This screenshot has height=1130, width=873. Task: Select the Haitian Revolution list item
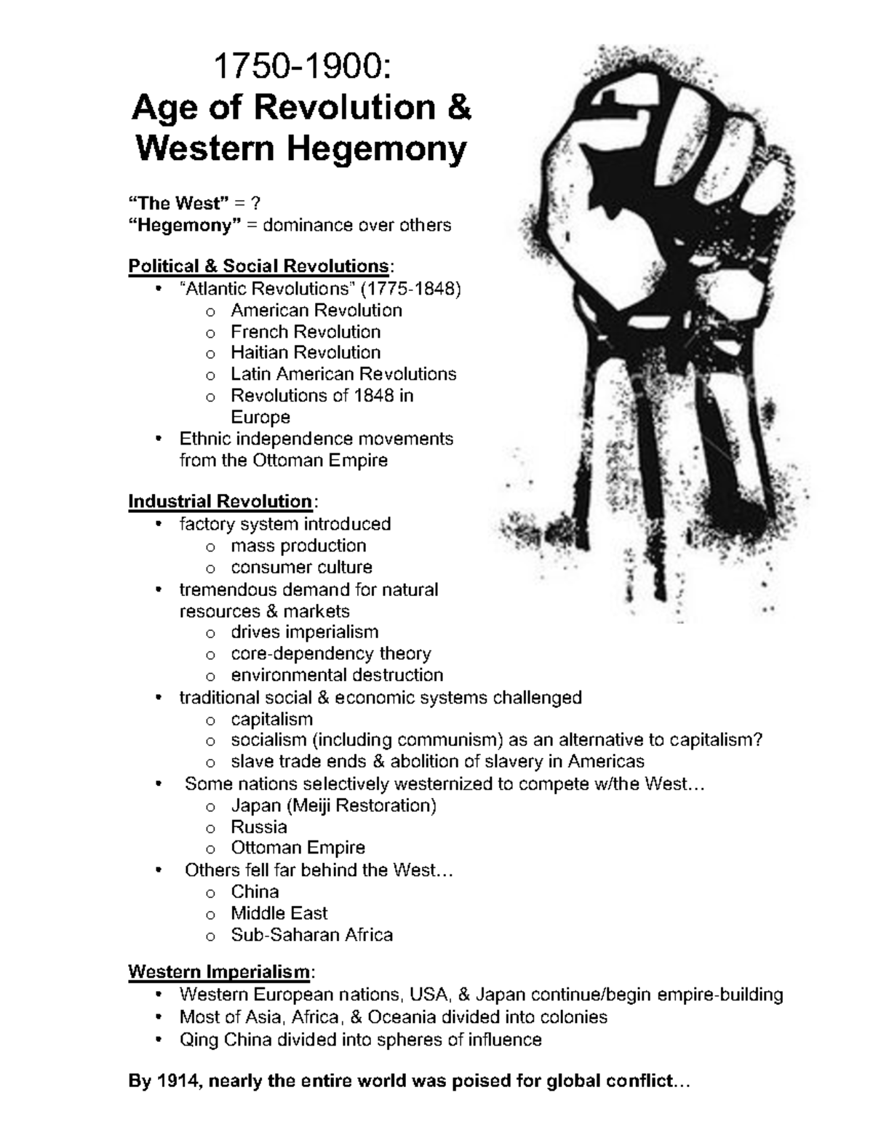306,353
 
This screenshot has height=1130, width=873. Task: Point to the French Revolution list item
306,332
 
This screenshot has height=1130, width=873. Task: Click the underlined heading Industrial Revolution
220,502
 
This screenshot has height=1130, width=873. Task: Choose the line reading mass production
298,546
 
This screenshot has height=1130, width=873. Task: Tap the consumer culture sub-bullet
301,568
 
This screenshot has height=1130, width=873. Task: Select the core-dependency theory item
331,653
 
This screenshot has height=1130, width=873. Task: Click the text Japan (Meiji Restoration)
333,805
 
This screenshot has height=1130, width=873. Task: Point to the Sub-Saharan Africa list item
311,935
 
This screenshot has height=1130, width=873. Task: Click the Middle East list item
279,913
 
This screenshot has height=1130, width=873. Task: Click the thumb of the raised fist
655,182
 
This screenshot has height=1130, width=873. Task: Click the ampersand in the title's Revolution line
459,108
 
